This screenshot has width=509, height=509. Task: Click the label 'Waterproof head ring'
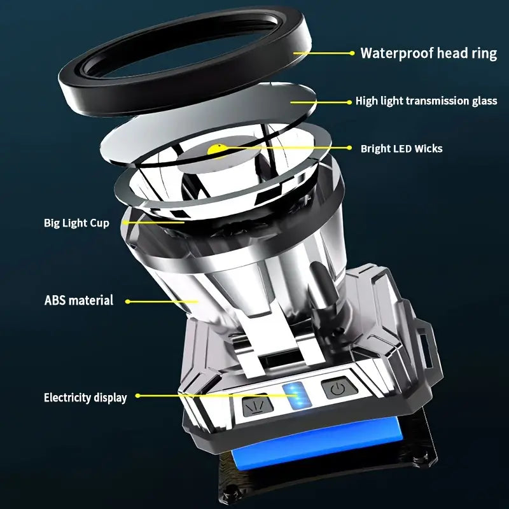(x=428, y=53)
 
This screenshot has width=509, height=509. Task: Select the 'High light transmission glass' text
(x=426, y=101)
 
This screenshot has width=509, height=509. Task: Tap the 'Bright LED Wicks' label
(x=401, y=148)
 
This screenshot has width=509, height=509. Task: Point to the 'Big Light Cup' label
(x=76, y=223)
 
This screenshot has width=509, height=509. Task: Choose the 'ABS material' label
(x=79, y=300)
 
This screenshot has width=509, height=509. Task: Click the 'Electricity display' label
(x=85, y=398)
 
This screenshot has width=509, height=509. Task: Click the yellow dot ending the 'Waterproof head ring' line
(x=352, y=53)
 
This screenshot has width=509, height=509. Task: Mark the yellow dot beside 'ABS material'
(x=127, y=301)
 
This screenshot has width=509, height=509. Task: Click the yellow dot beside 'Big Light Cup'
(x=123, y=223)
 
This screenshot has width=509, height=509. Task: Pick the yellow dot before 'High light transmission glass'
(x=349, y=101)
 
